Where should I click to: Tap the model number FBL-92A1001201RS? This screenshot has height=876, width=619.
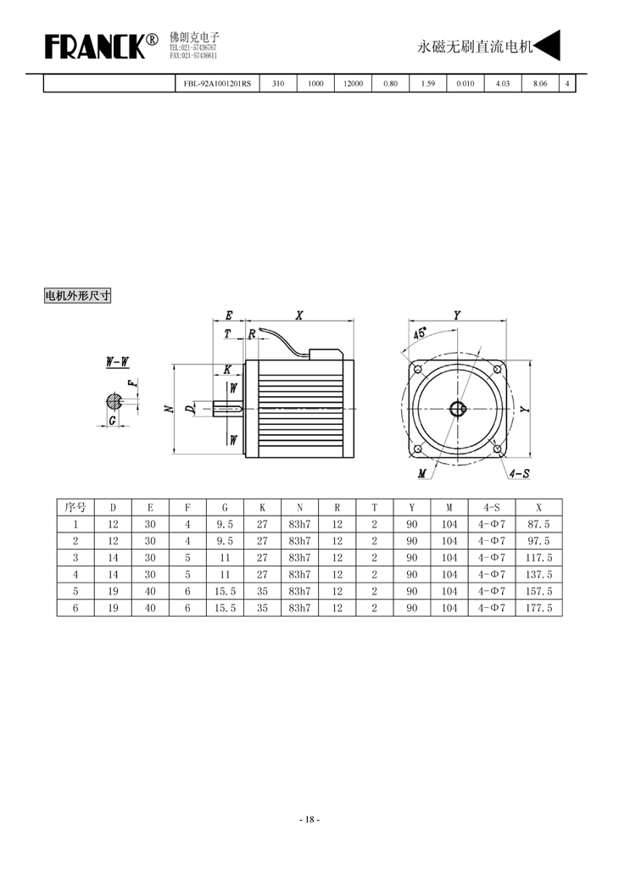[x=217, y=84]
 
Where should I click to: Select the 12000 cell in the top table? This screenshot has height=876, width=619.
[x=353, y=84]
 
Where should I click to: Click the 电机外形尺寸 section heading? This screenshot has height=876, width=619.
[x=78, y=295]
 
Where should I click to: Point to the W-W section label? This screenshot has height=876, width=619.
[x=117, y=362]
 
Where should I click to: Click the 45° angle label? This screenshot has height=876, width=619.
[x=420, y=333]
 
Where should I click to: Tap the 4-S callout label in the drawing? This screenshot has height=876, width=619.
[x=520, y=474]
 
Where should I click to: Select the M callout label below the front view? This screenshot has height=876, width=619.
[x=422, y=474]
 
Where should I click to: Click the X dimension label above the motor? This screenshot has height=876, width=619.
[x=299, y=315]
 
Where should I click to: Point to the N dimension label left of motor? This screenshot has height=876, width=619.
[x=170, y=409]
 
